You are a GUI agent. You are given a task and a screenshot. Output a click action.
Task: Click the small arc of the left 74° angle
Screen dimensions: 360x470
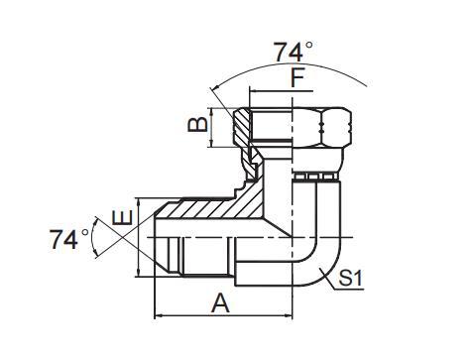coord(94,238)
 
